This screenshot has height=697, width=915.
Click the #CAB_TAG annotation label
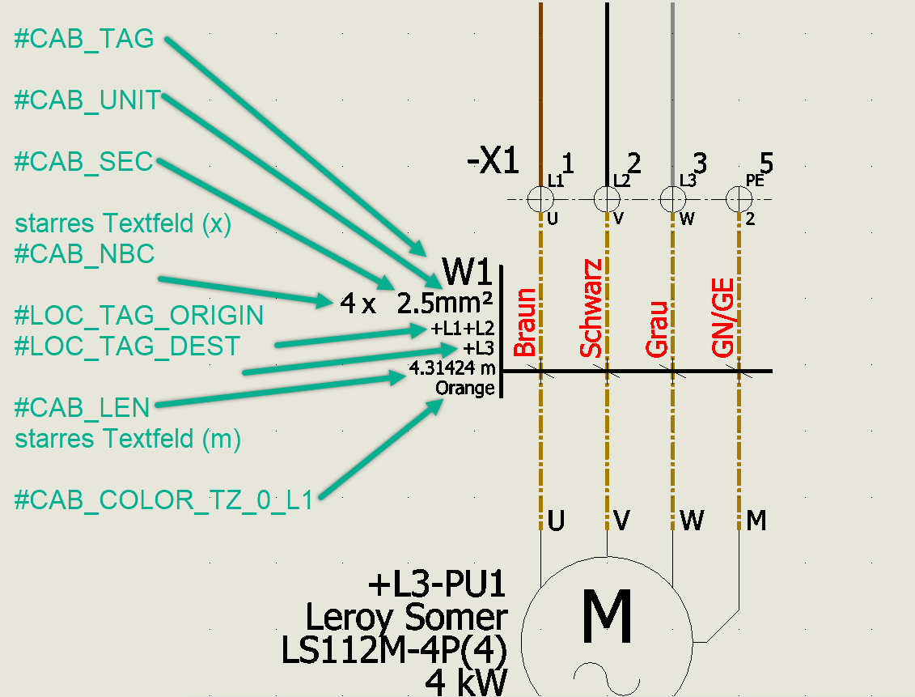pyautogui.click(x=84, y=39)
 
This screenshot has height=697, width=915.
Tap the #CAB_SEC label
pyautogui.click(x=84, y=161)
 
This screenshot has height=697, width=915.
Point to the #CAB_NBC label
pyautogui.click(x=84, y=253)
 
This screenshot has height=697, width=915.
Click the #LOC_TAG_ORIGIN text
pyautogui.click(x=139, y=315)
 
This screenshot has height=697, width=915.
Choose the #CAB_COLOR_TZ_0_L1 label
pyautogui.click(x=163, y=499)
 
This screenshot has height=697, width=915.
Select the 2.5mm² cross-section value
pyautogui.click(x=445, y=303)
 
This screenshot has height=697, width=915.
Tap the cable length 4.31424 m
pyautogui.click(x=451, y=368)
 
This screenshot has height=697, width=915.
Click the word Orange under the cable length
pyautogui.click(x=464, y=388)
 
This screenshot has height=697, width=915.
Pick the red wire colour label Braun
pyautogui.click(x=525, y=322)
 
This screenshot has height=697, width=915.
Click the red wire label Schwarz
pyautogui.click(x=591, y=308)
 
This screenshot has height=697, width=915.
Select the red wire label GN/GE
pyautogui.click(x=722, y=318)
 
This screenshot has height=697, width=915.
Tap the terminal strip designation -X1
pyautogui.click(x=493, y=161)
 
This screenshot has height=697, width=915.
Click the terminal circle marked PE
pyautogui.click(x=738, y=198)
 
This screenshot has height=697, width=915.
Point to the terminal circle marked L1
pyautogui.click(x=540, y=198)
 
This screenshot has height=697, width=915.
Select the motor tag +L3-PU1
pyautogui.click(x=437, y=584)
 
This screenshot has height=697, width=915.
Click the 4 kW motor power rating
pyautogui.click(x=466, y=682)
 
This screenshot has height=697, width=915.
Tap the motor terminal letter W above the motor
pyautogui.click(x=692, y=520)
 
